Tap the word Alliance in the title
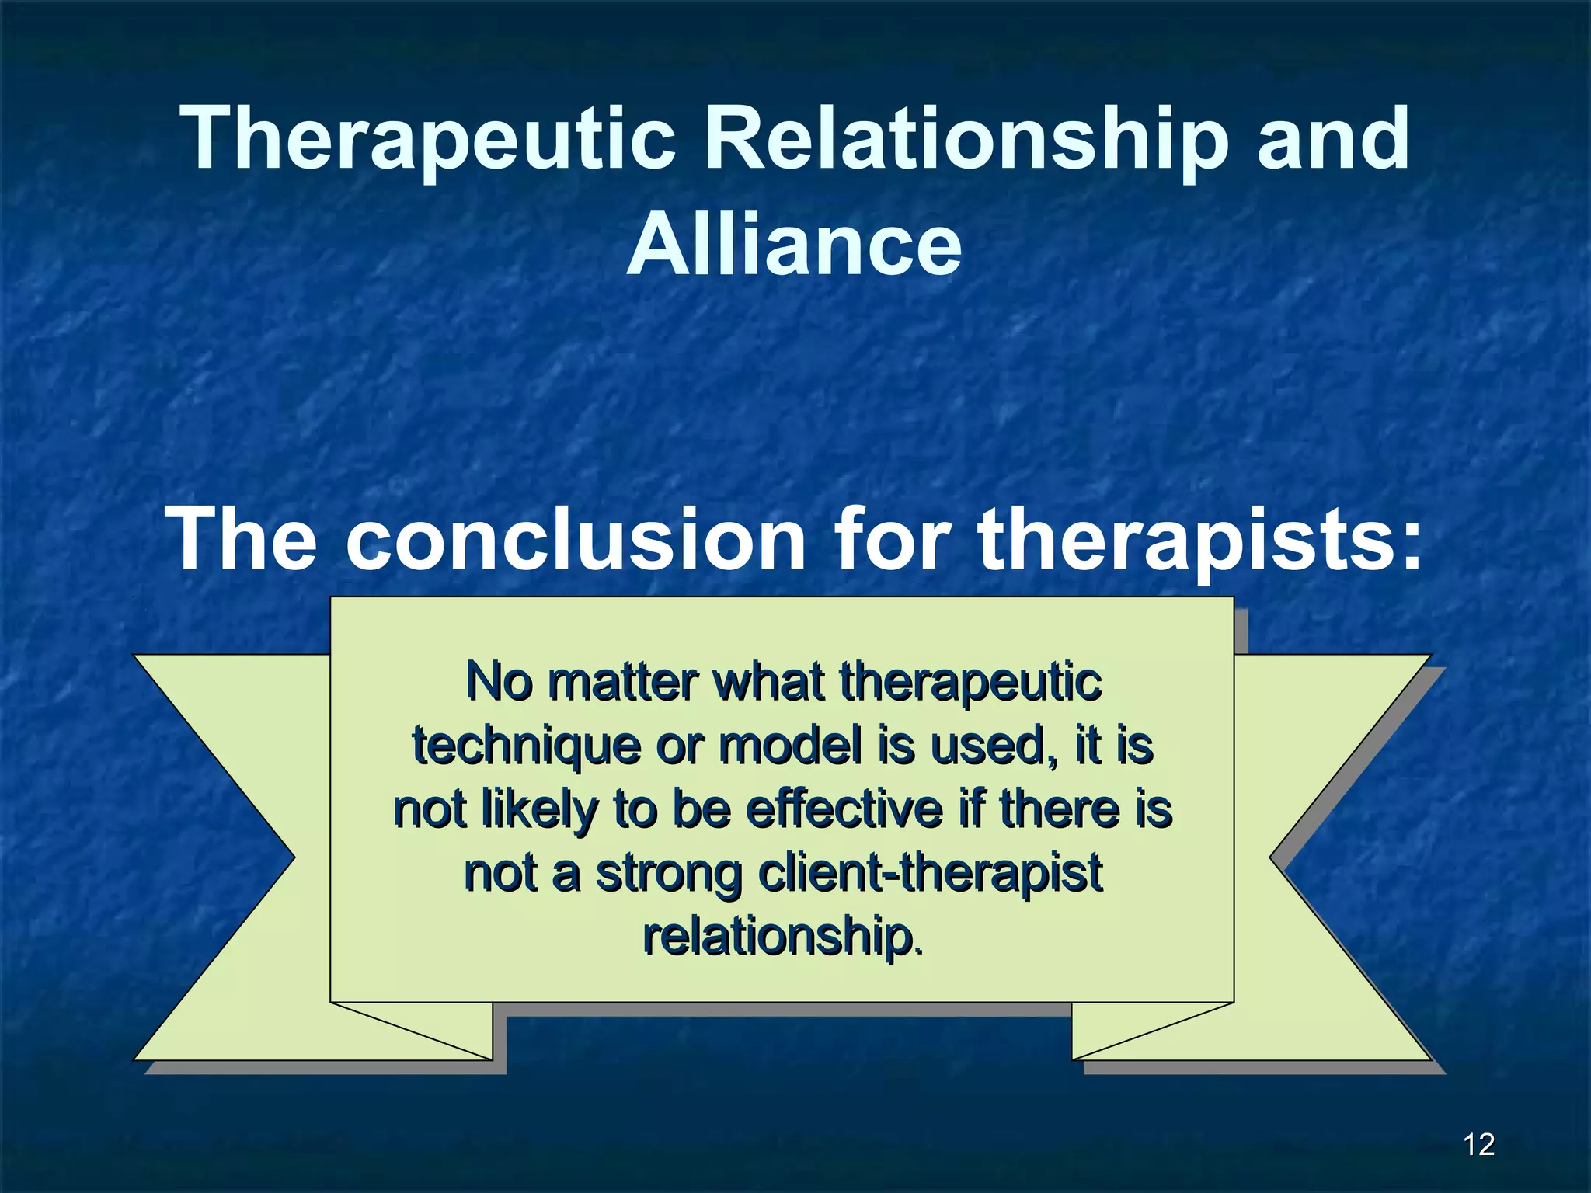coord(794,245)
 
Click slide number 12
coord(1478,1145)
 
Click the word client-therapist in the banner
coord(930,873)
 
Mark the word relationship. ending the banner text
coord(783,937)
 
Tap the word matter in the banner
coord(622,682)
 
